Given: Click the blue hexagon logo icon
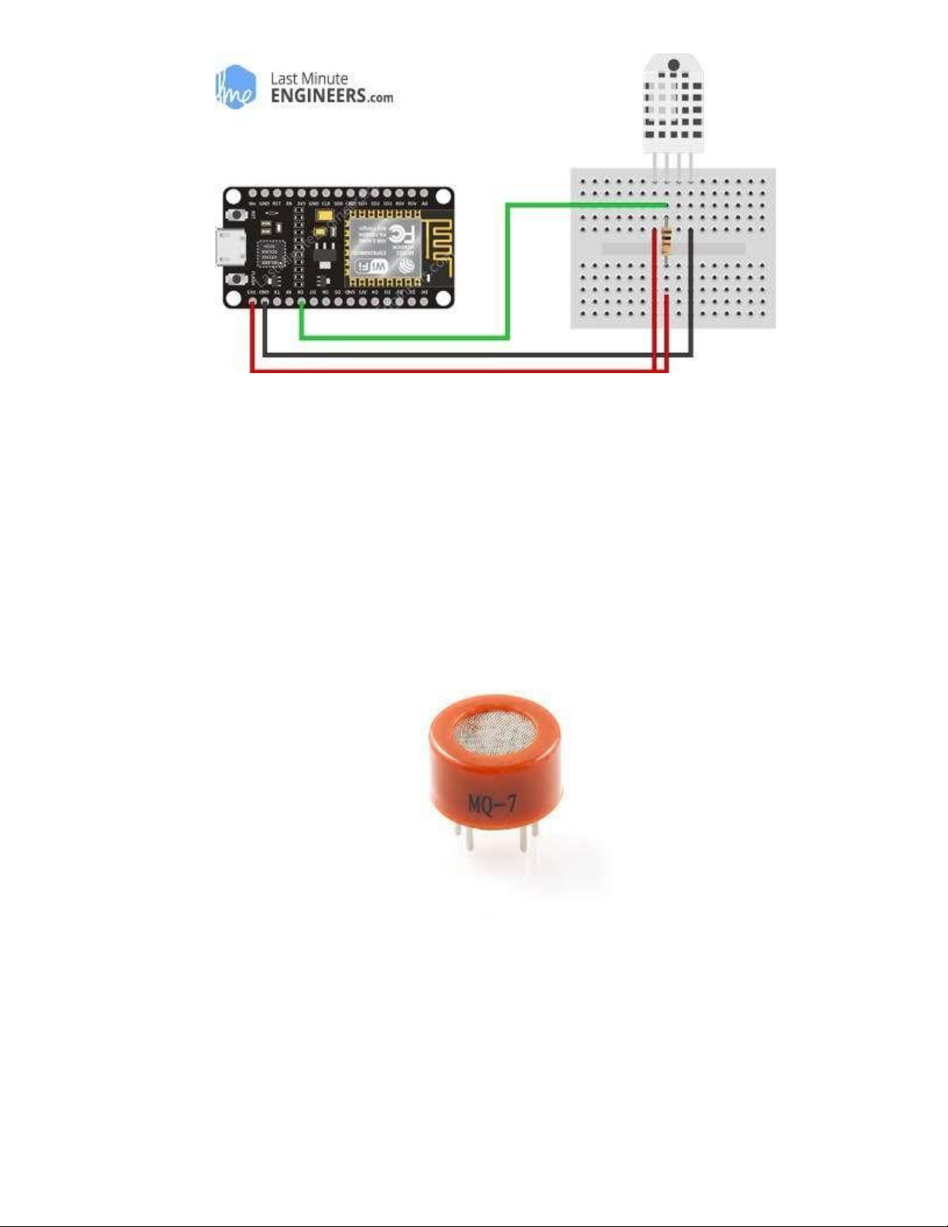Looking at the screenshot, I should click(x=235, y=87).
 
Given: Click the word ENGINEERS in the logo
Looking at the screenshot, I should click(x=318, y=97).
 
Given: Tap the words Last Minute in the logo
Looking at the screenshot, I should click(x=309, y=78).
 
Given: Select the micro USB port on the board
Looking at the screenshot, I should click(x=230, y=248).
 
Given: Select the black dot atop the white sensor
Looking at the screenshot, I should click(x=673, y=65).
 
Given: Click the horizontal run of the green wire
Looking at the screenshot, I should click(x=402, y=337).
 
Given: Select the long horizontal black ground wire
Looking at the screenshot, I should click(x=464, y=355).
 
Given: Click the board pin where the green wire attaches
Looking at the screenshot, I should click(x=300, y=302).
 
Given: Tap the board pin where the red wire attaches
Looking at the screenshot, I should click(x=252, y=302).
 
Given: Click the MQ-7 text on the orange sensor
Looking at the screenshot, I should click(x=491, y=804).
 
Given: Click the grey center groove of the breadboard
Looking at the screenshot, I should click(x=673, y=248).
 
